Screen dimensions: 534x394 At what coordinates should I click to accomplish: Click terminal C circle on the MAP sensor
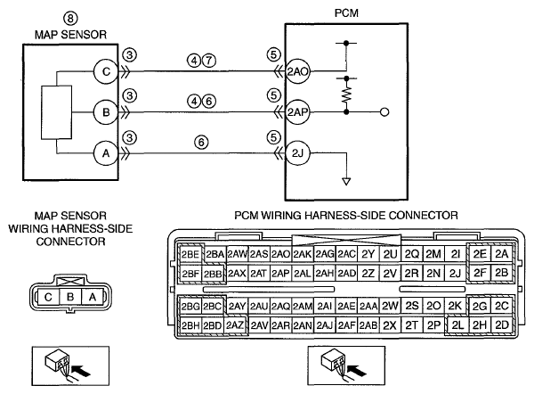(106, 71)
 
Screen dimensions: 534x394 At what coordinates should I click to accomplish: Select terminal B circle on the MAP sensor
(106, 112)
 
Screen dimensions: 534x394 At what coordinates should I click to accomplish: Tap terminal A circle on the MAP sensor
(106, 153)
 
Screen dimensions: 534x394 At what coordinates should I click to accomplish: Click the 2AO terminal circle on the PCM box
(297, 71)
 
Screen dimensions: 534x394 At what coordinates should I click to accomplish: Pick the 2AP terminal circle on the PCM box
(297, 112)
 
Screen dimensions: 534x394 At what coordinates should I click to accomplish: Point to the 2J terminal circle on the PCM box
(297, 153)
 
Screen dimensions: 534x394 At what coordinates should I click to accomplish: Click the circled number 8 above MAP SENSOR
(71, 19)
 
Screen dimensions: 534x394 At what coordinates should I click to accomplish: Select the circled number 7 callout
(209, 61)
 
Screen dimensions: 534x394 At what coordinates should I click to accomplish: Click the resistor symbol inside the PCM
(346, 95)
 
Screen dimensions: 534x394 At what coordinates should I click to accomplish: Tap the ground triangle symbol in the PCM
(346, 182)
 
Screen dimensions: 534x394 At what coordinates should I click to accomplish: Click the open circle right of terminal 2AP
(384, 112)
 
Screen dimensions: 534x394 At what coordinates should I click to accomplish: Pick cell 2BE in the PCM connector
(190, 254)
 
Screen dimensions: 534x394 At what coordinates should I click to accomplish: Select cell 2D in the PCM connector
(502, 325)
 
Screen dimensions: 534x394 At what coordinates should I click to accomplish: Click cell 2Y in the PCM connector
(368, 254)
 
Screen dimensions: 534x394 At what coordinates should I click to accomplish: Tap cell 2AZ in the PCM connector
(235, 325)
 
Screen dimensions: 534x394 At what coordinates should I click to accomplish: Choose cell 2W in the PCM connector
(390, 306)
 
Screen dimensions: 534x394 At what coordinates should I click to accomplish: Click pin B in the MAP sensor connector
(70, 297)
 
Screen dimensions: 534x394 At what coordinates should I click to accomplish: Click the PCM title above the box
(346, 13)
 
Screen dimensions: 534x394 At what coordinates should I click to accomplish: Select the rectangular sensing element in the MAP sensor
(57, 112)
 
